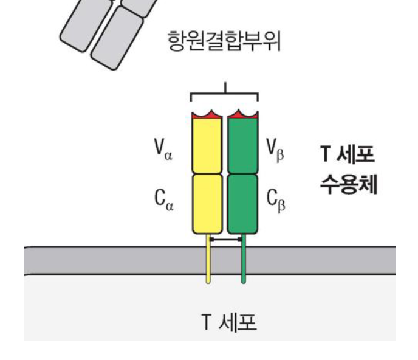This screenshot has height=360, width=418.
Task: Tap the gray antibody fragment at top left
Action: (x=109, y=27)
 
